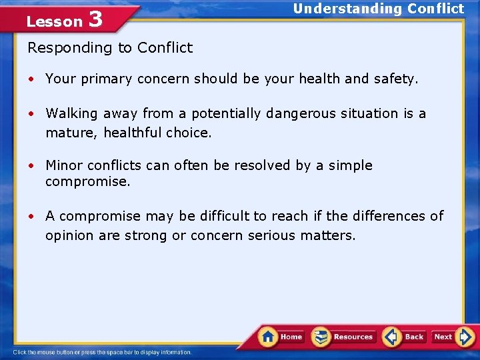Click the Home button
tap(281, 337)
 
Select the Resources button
tap(344, 337)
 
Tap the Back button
tap(405, 337)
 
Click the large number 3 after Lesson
tap(95, 19)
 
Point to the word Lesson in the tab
tap(54, 21)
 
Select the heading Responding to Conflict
tap(110, 48)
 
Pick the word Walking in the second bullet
tap(72, 113)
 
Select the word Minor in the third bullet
tap(63, 165)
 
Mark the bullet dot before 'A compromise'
tap(31, 217)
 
